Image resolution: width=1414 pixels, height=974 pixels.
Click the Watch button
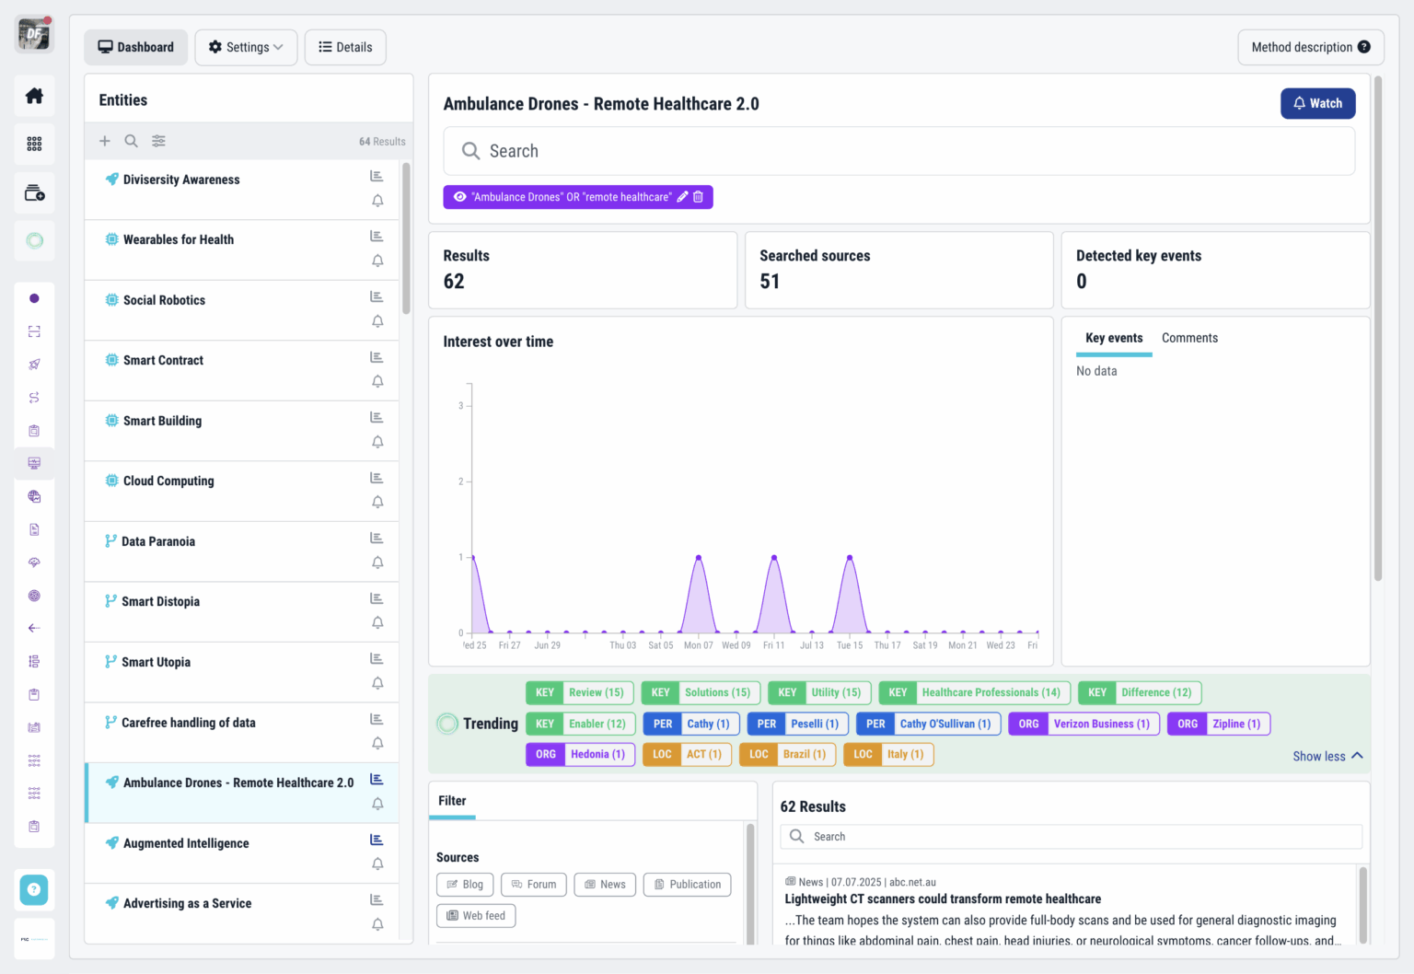1317,103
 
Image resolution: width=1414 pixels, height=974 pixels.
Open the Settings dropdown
246,47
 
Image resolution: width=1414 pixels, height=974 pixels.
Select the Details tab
345,47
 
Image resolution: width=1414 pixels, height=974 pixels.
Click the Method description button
1310,47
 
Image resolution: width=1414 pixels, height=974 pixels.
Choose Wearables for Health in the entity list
179,239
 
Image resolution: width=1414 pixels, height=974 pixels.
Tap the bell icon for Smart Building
377,442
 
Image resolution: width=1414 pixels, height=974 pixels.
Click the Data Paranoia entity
158,541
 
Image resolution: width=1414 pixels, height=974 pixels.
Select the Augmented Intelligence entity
186,843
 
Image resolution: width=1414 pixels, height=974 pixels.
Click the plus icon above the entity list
105,141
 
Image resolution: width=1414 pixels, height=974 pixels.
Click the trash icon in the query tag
698,197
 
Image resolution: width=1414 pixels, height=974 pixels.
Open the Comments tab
1189,338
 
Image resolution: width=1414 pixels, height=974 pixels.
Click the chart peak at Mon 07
699,558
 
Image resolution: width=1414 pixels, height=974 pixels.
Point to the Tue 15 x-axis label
850,645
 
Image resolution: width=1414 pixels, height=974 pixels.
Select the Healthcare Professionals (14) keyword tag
974,692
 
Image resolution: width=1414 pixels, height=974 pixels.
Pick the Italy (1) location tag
888,754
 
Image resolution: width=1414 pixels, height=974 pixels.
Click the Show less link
1327,756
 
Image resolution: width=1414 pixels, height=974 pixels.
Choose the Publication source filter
687,885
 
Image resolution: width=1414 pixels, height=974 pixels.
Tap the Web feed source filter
476,915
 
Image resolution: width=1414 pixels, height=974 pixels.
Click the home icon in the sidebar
34,96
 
